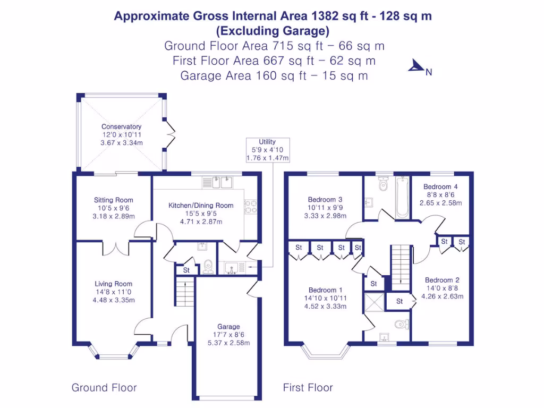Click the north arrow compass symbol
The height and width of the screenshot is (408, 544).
415,66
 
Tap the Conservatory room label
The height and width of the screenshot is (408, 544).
121,127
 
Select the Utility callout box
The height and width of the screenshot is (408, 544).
267,150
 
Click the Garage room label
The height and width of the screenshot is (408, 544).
228,327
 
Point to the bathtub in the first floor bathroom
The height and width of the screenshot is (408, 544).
402,197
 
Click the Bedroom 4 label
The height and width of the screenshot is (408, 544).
440,187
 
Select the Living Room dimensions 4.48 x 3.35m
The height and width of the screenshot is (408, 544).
114,300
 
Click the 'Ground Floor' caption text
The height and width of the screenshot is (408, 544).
104,388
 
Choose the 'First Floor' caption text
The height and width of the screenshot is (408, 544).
308,388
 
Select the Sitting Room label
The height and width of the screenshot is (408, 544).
114,200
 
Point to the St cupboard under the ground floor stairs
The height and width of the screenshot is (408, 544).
186,270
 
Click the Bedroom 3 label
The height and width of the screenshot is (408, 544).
325,200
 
